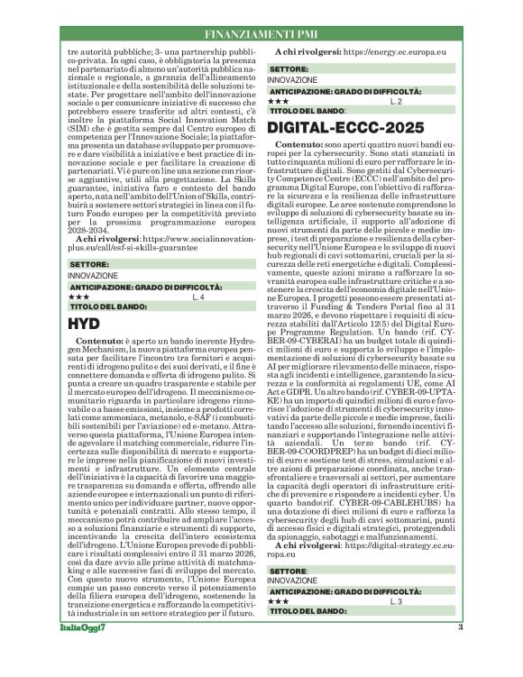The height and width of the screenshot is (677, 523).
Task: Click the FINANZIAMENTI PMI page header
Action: [261, 33]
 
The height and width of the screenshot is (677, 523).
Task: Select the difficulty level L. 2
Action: [394, 101]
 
